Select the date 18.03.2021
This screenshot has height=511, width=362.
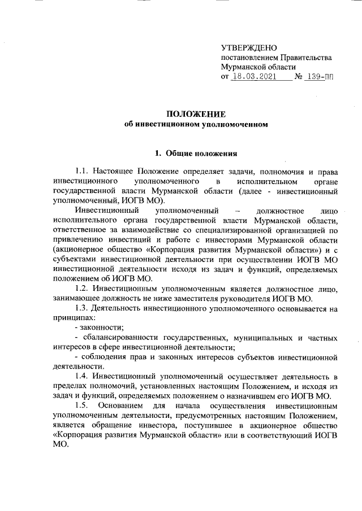(x=253, y=76)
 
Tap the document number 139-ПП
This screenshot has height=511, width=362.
(x=318, y=76)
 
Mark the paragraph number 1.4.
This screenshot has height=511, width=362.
(x=82, y=376)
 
